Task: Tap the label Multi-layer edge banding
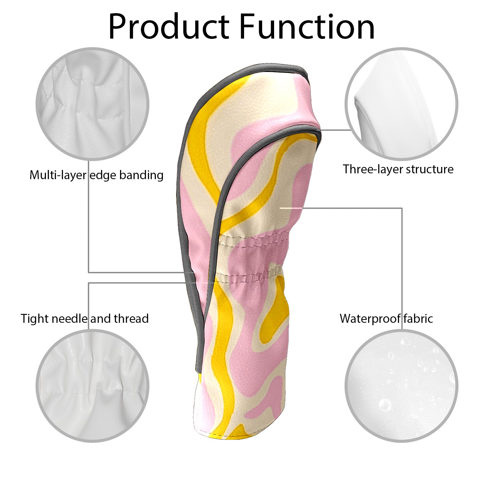tap(96, 175)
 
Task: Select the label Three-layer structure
tap(398, 169)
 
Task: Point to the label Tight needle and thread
tap(85, 319)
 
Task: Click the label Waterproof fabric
tap(386, 319)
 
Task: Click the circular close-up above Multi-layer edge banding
tap(92, 104)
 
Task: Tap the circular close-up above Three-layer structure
tap(401, 104)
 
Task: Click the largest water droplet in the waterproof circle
tap(385, 405)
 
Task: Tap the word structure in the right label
tap(428, 169)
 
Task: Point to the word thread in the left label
tap(131, 319)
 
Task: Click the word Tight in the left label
tap(35, 319)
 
